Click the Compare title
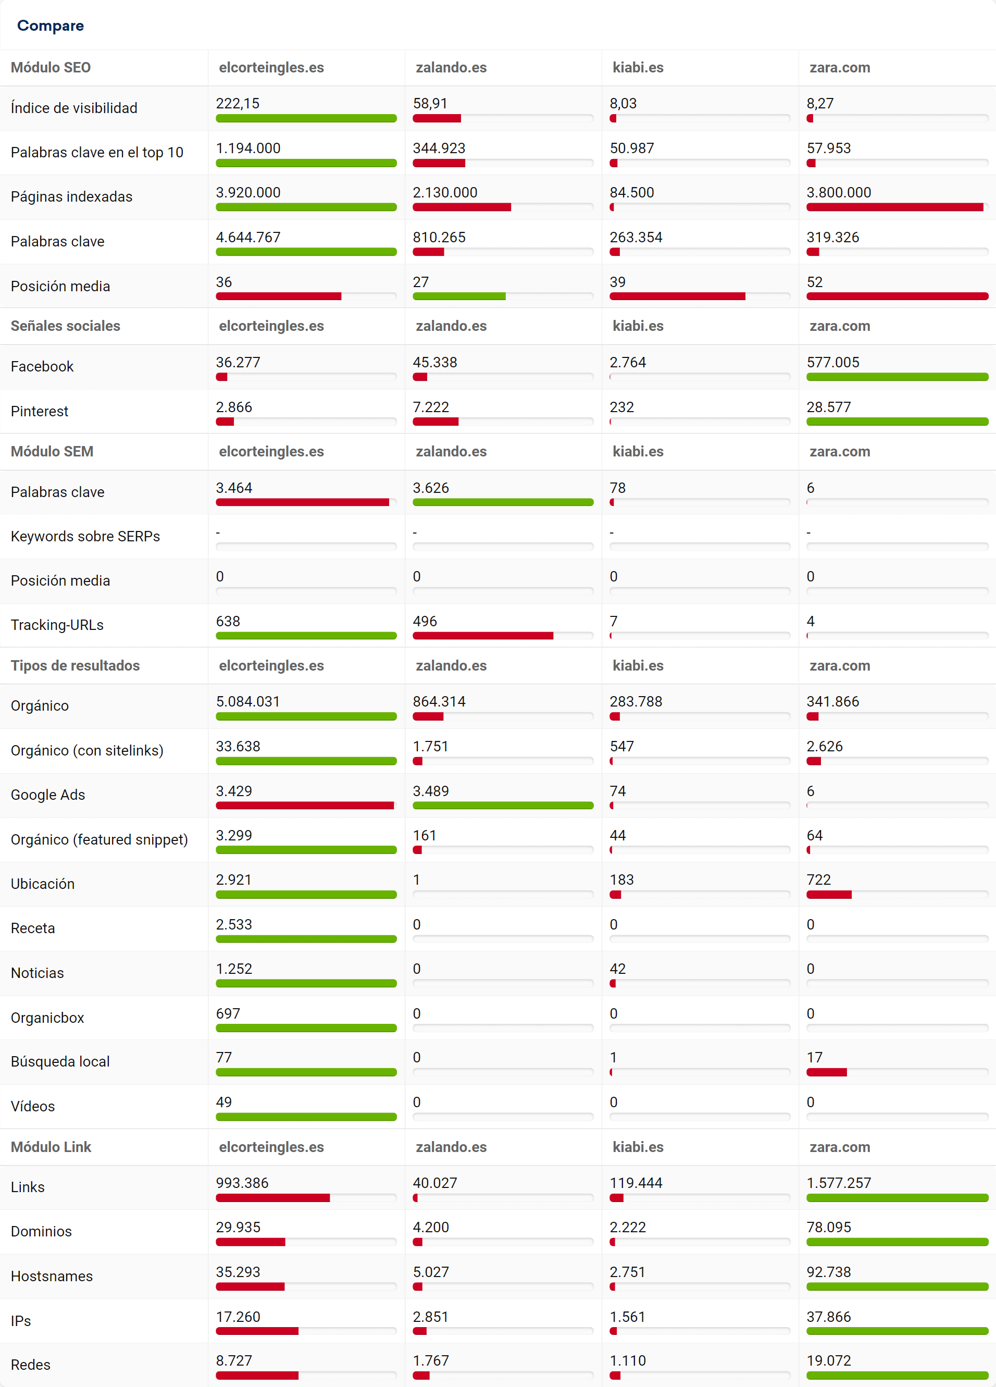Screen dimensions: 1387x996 [50, 26]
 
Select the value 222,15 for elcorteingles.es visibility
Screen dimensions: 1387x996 [238, 103]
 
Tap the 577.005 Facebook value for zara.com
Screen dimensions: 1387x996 [833, 362]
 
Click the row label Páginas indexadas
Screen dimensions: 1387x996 [71, 197]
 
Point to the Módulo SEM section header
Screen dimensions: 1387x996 [52, 451]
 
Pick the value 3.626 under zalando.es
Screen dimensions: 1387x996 [430, 488]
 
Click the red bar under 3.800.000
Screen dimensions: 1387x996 [894, 207]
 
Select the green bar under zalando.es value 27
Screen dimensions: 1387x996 [458, 296]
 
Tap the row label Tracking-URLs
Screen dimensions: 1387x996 [57, 625]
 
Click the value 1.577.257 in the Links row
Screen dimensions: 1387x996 [838, 1183]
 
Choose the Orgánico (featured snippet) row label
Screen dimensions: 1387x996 [99, 840]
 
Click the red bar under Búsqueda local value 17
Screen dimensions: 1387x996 [826, 1072]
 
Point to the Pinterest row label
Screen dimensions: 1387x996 [40, 412]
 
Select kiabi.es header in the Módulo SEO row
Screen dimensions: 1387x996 [638, 67]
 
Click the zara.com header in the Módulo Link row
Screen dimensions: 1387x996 [840, 1147]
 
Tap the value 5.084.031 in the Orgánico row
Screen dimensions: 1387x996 [247, 701]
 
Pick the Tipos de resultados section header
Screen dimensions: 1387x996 [75, 665]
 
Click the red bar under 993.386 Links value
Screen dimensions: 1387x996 [272, 1198]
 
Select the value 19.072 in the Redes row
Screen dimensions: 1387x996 [828, 1361]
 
